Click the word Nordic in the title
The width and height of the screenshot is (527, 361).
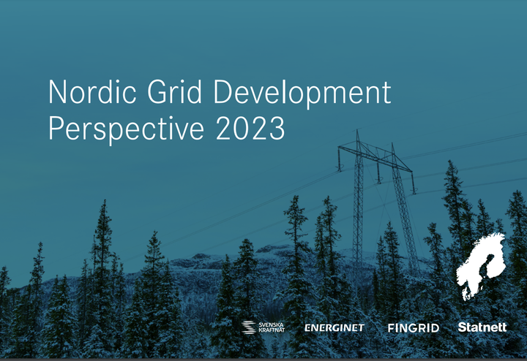[x=92, y=91]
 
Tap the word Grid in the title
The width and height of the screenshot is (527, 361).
[x=174, y=91]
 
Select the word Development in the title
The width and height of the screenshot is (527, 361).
[x=302, y=94]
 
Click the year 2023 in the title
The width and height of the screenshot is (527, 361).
[x=250, y=128]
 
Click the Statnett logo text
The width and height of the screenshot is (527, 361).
[x=482, y=327]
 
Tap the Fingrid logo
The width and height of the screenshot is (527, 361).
[x=414, y=328]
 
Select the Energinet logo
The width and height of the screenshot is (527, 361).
[x=334, y=328]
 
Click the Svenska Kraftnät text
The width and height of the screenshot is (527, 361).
[x=272, y=327]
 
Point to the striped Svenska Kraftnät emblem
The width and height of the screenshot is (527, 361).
[x=249, y=327]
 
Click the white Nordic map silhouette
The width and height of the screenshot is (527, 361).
[x=482, y=265]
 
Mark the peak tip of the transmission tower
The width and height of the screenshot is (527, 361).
[x=357, y=130]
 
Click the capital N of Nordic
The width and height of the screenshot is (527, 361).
[x=57, y=92]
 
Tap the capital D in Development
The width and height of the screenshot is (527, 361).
[x=223, y=92]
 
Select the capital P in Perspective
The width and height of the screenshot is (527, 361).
[x=56, y=128]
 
